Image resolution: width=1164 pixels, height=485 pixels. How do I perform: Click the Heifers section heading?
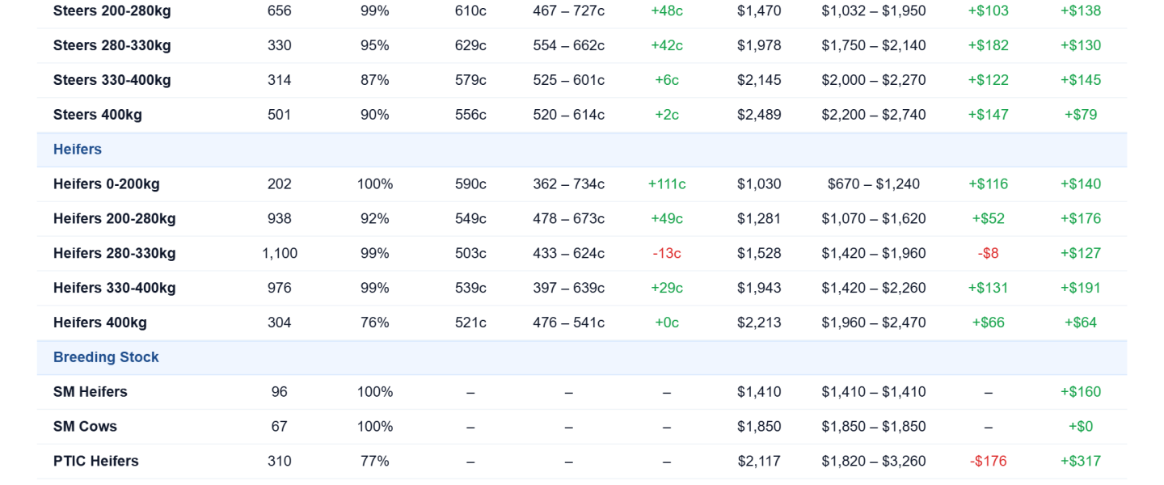pos(78,150)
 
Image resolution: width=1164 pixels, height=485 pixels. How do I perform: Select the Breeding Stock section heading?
pos(106,357)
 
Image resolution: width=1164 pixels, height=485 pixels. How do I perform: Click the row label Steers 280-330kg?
pos(112,45)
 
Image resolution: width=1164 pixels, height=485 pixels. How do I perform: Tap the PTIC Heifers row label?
pos(96,461)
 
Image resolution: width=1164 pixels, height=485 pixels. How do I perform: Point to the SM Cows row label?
pos(85,426)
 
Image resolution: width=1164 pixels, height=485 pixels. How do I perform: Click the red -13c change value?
pos(667,253)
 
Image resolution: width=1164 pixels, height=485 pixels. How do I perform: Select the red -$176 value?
pos(988,461)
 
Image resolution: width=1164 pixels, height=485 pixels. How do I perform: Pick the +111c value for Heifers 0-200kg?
pos(667,184)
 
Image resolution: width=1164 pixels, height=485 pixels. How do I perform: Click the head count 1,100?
pos(280,253)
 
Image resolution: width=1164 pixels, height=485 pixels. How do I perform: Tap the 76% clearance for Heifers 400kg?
pos(375,323)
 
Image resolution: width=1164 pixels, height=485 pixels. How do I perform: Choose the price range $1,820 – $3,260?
pos(874,461)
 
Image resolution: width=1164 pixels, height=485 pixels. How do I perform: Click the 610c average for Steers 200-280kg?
pos(470,11)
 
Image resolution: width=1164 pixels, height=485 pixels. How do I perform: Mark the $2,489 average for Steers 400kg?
pos(759,114)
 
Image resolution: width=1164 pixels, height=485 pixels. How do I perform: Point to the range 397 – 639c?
pos(568,288)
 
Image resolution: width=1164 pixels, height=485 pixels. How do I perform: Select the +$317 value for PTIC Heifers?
pos(1080,461)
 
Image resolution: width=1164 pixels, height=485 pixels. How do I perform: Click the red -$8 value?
pos(988,253)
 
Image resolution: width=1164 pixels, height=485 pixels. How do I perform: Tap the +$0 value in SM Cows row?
pos(1080,426)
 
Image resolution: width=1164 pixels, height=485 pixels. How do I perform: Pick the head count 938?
pos(280,218)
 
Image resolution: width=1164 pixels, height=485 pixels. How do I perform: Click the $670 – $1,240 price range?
pos(874,184)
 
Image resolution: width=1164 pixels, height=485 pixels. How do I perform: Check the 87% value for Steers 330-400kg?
pos(375,80)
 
